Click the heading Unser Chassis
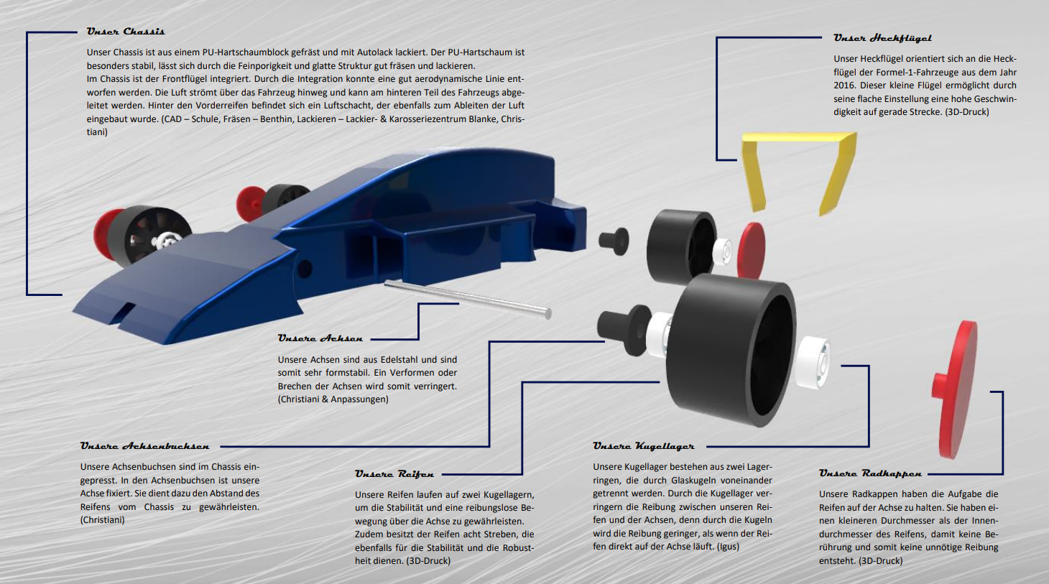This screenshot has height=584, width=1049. tap(126, 32)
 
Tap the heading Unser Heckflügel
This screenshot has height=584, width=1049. tap(882, 38)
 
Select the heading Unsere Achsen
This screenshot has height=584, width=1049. tap(320, 338)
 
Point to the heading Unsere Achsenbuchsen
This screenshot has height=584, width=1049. tap(144, 446)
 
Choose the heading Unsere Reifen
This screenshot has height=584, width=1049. tap(394, 474)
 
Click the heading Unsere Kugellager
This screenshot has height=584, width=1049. tap(643, 446)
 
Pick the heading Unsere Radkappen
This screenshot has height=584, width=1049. tap(870, 473)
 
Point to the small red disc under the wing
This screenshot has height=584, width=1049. tap(752, 249)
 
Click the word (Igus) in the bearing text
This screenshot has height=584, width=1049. tap(728, 547)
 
